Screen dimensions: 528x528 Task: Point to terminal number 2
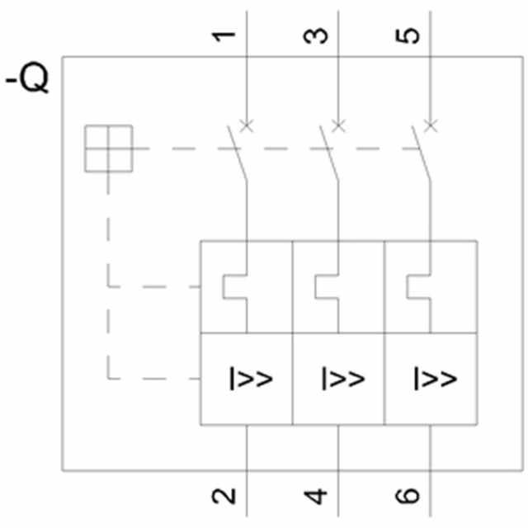pyautogui.click(x=224, y=496)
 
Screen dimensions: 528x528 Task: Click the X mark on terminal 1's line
pyautogui.click(x=246, y=125)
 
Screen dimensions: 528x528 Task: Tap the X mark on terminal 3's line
pyautogui.click(x=338, y=125)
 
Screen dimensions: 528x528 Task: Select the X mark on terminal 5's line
pyautogui.click(x=430, y=125)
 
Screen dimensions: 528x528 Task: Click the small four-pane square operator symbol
pyautogui.click(x=109, y=149)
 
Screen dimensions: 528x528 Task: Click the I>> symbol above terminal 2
pyautogui.click(x=250, y=379)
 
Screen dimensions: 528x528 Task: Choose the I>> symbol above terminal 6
pyautogui.click(x=434, y=379)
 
